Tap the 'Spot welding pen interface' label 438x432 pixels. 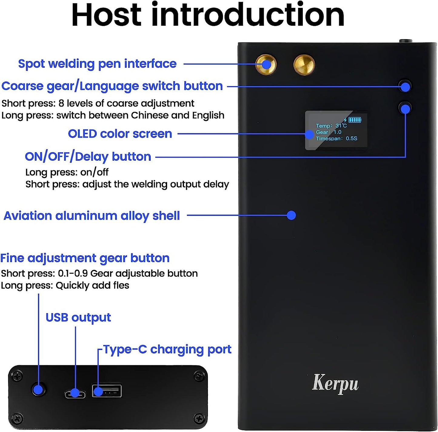pos(97,64)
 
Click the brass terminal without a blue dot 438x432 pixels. pos(304,65)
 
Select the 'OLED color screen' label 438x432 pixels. pos(120,134)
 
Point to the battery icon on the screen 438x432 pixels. pos(355,119)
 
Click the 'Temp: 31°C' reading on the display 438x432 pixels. pos(331,126)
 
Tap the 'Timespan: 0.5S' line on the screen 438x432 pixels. pos(336,139)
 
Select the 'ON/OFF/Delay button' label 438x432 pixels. pos(88,157)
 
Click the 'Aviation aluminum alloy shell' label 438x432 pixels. pos(92,216)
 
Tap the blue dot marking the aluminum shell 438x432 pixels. pos(291,215)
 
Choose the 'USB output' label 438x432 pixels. pos(78,317)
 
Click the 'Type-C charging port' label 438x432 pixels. pos(167,350)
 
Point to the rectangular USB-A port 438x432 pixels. pos(107,391)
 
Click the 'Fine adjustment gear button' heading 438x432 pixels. pos(85,258)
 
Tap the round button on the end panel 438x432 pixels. pos(38,390)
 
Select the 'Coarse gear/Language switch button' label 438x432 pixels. pos(112,86)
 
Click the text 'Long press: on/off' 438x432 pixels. pos(67,172)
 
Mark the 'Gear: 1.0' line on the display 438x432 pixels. pos(329,132)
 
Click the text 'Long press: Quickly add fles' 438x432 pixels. pos(65,286)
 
